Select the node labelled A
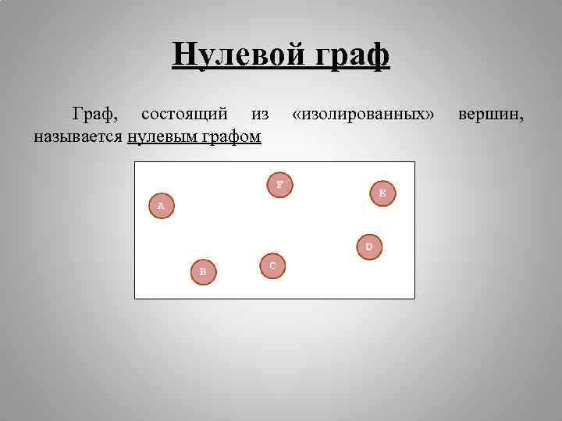161,206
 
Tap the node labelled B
203,271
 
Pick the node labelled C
272,266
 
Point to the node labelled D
369,247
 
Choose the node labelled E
382,192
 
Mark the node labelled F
279,185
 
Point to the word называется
77,137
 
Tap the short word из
260,115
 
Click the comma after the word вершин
523,119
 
